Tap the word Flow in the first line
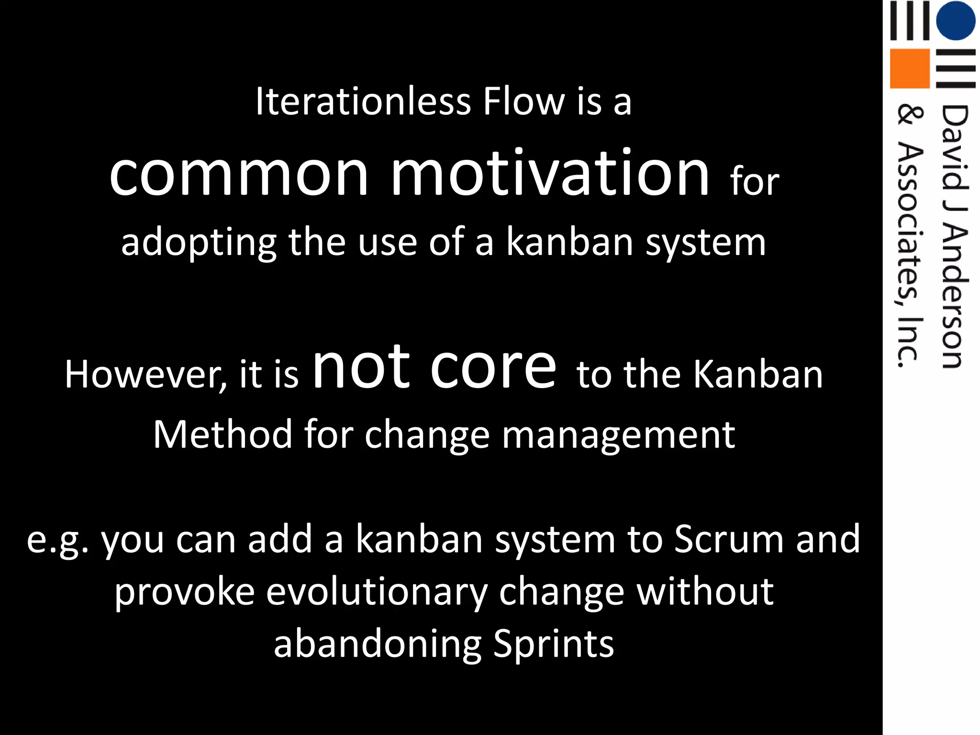click(523, 101)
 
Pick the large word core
click(493, 367)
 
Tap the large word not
click(361, 367)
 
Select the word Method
click(223, 434)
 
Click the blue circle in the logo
click(956, 20)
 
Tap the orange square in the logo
click(910, 68)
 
